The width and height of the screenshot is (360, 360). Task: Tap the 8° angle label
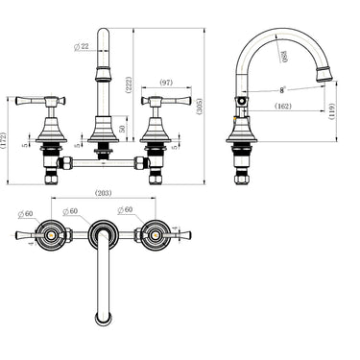click(282, 89)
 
